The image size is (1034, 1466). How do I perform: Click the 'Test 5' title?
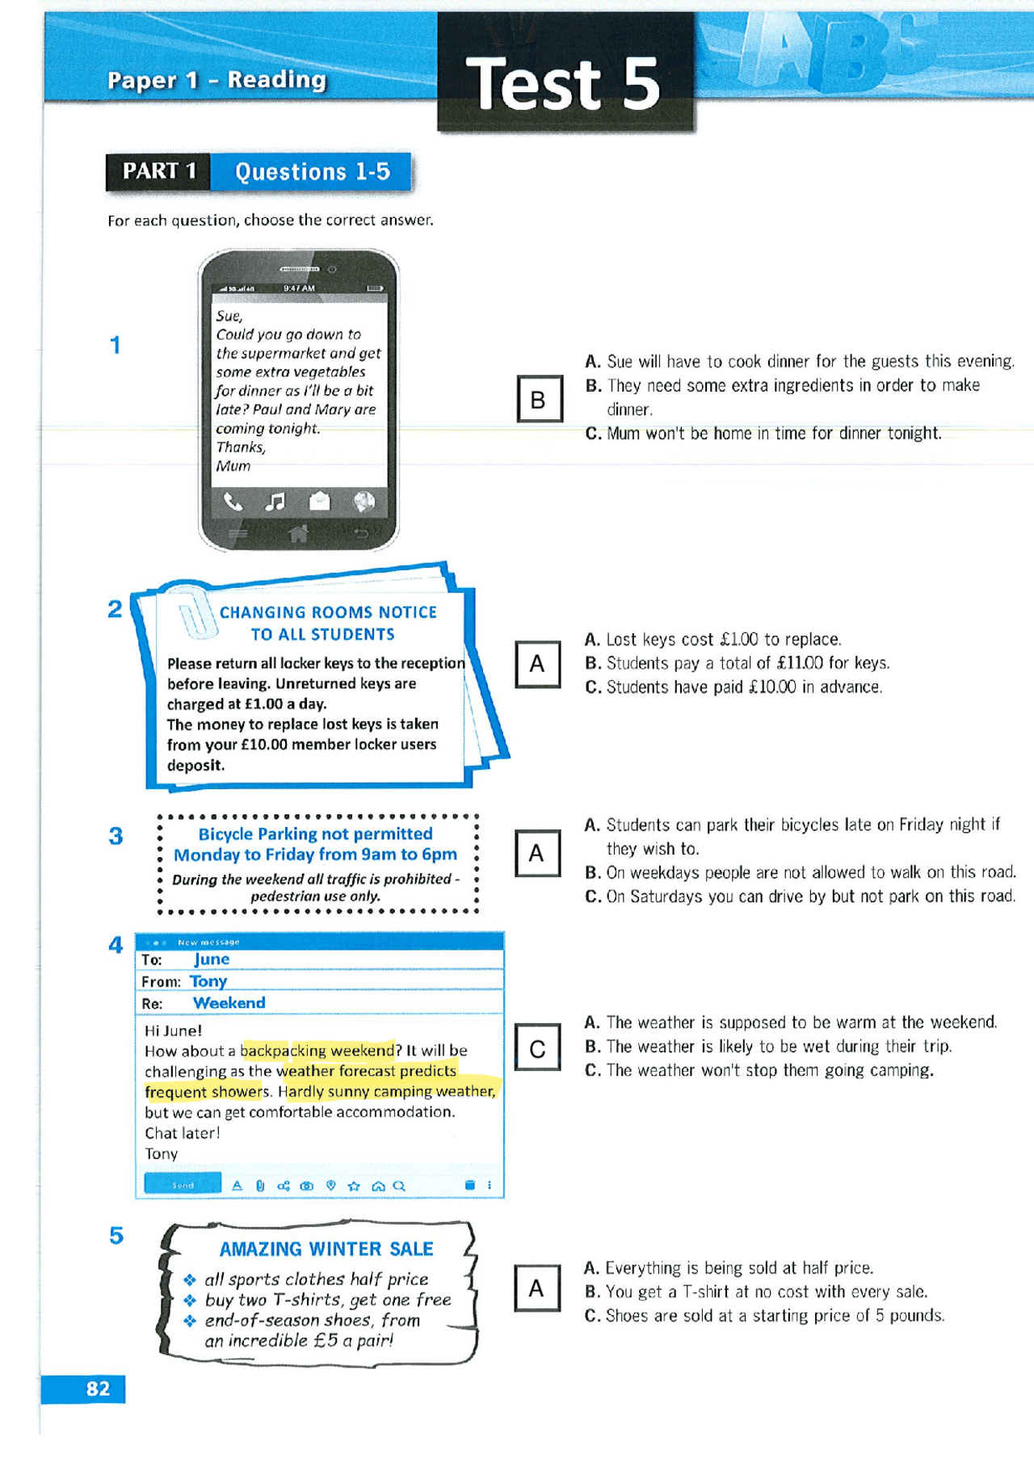[563, 84]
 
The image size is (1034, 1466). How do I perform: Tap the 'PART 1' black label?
[159, 172]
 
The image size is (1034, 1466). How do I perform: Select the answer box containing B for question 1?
[539, 399]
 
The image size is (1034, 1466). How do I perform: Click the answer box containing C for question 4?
[537, 1048]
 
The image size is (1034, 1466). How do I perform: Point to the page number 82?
[98, 1388]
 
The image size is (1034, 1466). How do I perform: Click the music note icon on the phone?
[275, 502]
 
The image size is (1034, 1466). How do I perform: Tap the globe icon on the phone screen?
[364, 502]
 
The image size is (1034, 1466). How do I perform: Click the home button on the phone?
[298, 533]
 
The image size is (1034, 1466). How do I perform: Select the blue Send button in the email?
[183, 1185]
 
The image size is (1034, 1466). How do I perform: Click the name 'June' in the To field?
[212, 960]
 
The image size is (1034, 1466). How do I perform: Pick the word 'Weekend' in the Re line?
[229, 1003]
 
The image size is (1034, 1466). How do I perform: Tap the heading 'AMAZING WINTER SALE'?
[326, 1249]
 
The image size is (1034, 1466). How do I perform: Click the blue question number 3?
[116, 836]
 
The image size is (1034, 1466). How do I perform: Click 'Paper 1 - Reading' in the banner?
[216, 80]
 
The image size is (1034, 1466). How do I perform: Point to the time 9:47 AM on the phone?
[299, 288]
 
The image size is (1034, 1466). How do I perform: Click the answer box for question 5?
[536, 1288]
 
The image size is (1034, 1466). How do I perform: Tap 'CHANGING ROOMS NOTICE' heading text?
[328, 612]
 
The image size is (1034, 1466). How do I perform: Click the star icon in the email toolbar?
[353, 1186]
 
